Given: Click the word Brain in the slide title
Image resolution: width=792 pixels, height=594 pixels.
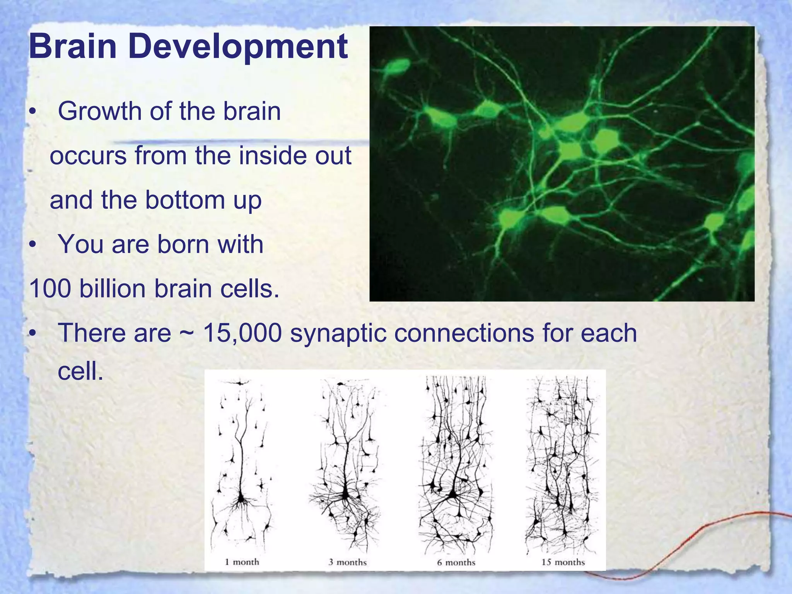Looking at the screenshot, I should [x=73, y=46].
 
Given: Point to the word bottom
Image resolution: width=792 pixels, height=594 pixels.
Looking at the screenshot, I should [x=185, y=200].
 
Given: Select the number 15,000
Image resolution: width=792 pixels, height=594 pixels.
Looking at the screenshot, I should [x=242, y=333].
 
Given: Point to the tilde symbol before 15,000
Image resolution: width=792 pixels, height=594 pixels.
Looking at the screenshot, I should [x=187, y=333].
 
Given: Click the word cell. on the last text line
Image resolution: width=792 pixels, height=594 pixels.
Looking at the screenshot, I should [x=80, y=372].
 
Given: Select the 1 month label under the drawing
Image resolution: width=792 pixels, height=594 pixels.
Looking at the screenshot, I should [x=242, y=562].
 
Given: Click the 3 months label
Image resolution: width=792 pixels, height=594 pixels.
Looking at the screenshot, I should [x=348, y=562].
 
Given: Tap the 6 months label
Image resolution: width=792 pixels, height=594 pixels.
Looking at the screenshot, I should [x=456, y=562].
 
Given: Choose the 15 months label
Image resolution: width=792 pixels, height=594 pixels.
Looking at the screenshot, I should [x=563, y=562].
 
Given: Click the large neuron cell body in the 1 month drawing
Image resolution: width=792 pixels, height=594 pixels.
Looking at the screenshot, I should [x=241, y=498].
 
